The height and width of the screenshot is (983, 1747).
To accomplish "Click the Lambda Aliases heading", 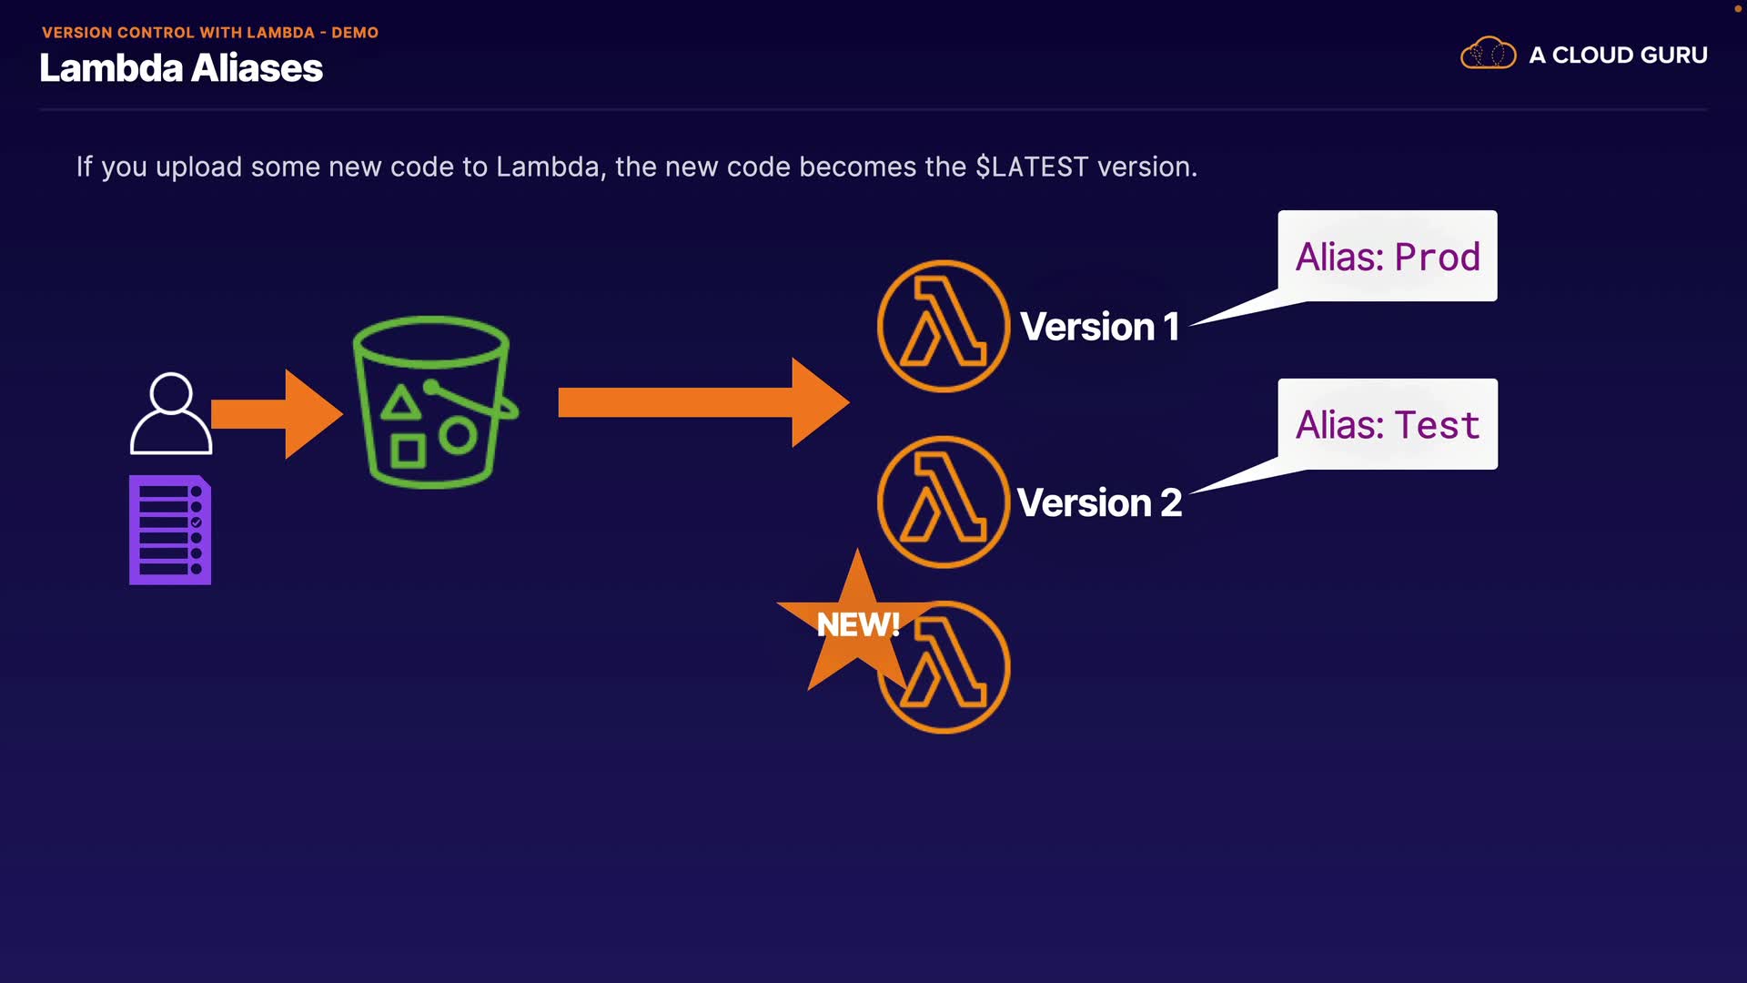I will pyautogui.click(x=181, y=68).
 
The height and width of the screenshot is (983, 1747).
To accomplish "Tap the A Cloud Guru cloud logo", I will pyautogui.click(x=1488, y=54).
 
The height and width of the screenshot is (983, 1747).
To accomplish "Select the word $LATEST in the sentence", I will pyautogui.click(x=1032, y=167).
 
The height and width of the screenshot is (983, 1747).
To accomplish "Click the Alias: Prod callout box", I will pyautogui.click(x=1388, y=257).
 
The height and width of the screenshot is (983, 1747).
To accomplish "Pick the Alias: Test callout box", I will pyautogui.click(x=1388, y=425).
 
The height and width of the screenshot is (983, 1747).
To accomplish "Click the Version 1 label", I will pyautogui.click(x=1099, y=327).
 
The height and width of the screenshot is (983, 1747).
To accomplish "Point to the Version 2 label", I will pyautogui.click(x=1099, y=503).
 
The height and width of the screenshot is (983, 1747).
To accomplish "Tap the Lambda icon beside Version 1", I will pyautogui.click(x=944, y=327).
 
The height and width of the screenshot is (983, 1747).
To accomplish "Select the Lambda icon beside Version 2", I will pyautogui.click(x=944, y=502).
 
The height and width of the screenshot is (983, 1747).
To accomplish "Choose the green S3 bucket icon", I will pyautogui.click(x=433, y=402).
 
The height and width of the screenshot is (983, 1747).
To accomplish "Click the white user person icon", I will pyautogui.click(x=171, y=414).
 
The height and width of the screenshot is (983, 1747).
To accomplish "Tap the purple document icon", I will pyautogui.click(x=170, y=530).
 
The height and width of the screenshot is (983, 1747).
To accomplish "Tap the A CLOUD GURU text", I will pyautogui.click(x=1618, y=56).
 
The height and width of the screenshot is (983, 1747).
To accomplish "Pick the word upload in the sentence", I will pyautogui.click(x=198, y=167).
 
